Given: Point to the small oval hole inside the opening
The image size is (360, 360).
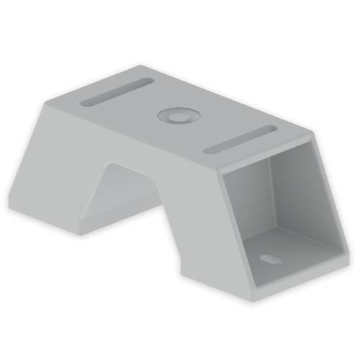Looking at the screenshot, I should [x=269, y=256].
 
